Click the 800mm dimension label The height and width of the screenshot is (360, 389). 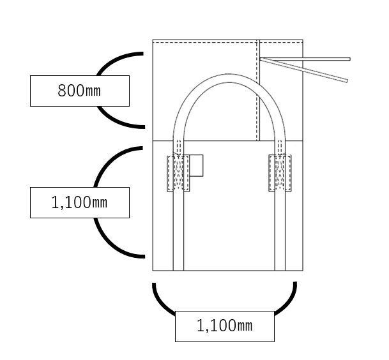click(79, 91)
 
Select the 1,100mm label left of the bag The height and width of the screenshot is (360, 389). click(79, 202)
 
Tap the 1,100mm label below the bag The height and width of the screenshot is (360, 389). click(224, 326)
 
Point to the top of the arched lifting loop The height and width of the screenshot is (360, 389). click(229, 78)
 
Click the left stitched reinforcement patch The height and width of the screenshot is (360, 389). click(178, 173)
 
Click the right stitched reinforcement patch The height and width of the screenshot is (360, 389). click(280, 173)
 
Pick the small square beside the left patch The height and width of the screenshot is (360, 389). click(196, 165)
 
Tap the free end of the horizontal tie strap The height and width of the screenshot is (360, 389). click(348, 59)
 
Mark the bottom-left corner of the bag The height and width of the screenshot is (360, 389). click(153, 271)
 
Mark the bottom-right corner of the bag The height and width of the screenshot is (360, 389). click(303, 271)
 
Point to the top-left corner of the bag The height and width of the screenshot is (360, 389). click(153, 40)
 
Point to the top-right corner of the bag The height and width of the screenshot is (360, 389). click(303, 40)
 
